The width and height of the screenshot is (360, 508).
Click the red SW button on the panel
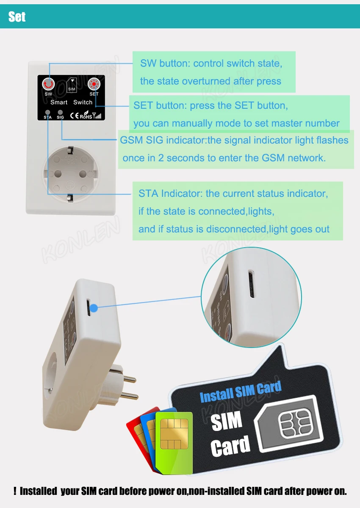click(49, 84)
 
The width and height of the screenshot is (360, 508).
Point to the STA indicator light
click(47, 112)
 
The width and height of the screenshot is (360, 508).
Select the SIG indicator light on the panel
click(60, 112)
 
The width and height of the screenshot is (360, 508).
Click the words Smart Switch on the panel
click(71, 102)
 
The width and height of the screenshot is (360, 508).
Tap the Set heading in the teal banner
click(17, 17)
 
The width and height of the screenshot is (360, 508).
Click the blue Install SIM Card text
click(240, 392)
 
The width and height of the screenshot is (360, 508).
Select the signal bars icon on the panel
click(98, 115)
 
